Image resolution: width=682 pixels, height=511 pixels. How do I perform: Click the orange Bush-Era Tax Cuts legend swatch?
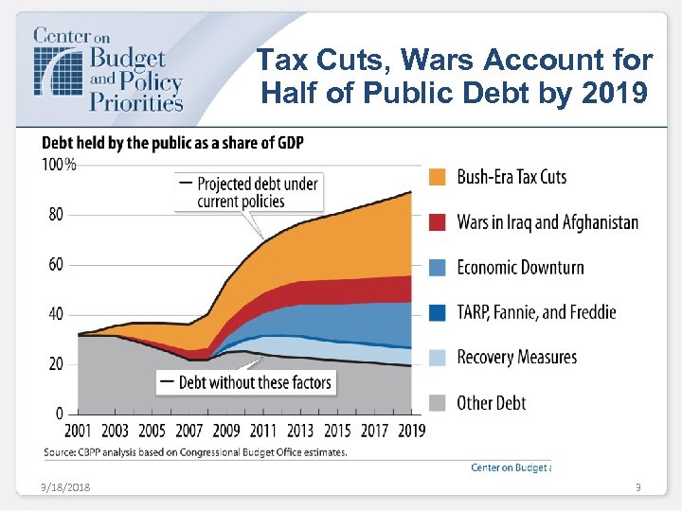pos(437,177)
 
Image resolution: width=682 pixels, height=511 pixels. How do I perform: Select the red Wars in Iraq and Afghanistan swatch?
pos(437,222)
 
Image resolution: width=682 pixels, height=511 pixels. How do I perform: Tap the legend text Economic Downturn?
pos(520,267)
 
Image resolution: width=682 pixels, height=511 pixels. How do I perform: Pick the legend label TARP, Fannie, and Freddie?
pos(536,311)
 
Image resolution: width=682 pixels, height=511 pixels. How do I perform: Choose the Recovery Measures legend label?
pos(516,357)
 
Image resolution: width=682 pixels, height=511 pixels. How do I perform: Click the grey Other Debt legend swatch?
pos(437,402)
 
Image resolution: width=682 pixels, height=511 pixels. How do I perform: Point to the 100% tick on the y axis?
pos(57,165)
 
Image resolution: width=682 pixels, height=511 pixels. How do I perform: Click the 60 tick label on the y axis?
pos(56,264)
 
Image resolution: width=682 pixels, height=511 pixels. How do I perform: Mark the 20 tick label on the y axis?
pos(56,364)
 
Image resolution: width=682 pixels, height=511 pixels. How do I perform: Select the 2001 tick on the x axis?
pos(78,431)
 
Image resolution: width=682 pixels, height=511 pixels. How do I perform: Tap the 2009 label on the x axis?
pos(226,431)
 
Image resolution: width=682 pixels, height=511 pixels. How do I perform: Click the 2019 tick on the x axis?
pos(411,431)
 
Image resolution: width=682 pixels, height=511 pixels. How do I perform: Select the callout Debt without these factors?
pos(247,382)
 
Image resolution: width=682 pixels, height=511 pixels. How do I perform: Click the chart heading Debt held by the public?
pos(172,143)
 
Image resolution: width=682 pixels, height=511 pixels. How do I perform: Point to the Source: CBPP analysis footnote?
pos(195,452)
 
